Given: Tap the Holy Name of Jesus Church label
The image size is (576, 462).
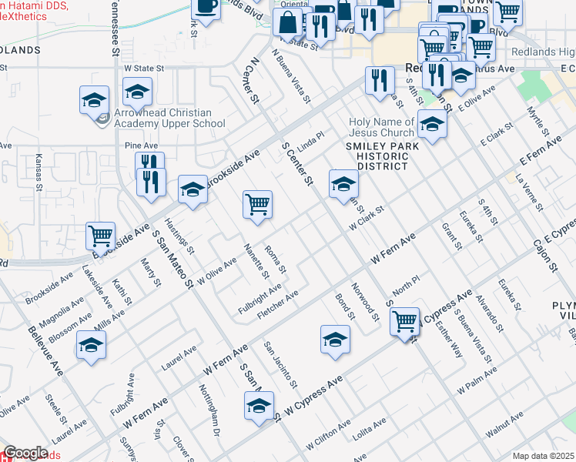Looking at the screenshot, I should coord(381,127).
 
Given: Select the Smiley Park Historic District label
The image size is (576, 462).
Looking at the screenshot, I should coord(382,156).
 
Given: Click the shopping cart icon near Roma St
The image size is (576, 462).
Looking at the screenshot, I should coord(257,205).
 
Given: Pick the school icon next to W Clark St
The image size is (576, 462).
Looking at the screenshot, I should coord(343,184).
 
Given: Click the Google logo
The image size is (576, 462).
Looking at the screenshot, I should coord(25,453).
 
